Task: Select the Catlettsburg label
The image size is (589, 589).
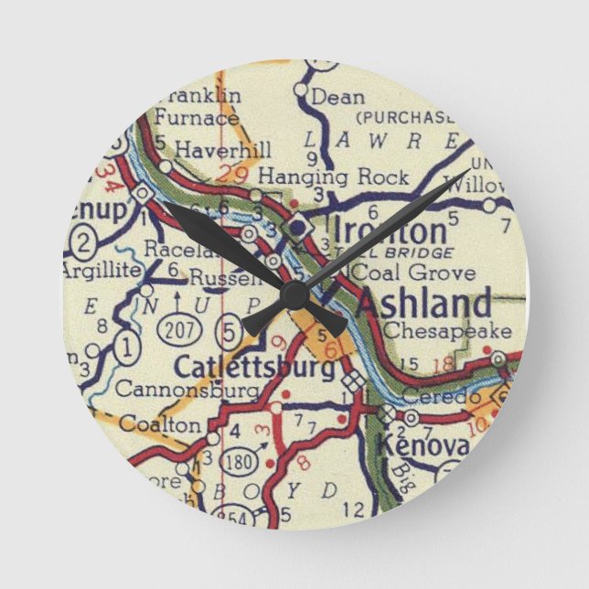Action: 253,368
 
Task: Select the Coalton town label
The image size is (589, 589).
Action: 159,424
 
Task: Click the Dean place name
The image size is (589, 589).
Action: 337,96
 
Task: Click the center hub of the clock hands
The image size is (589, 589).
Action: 294,294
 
